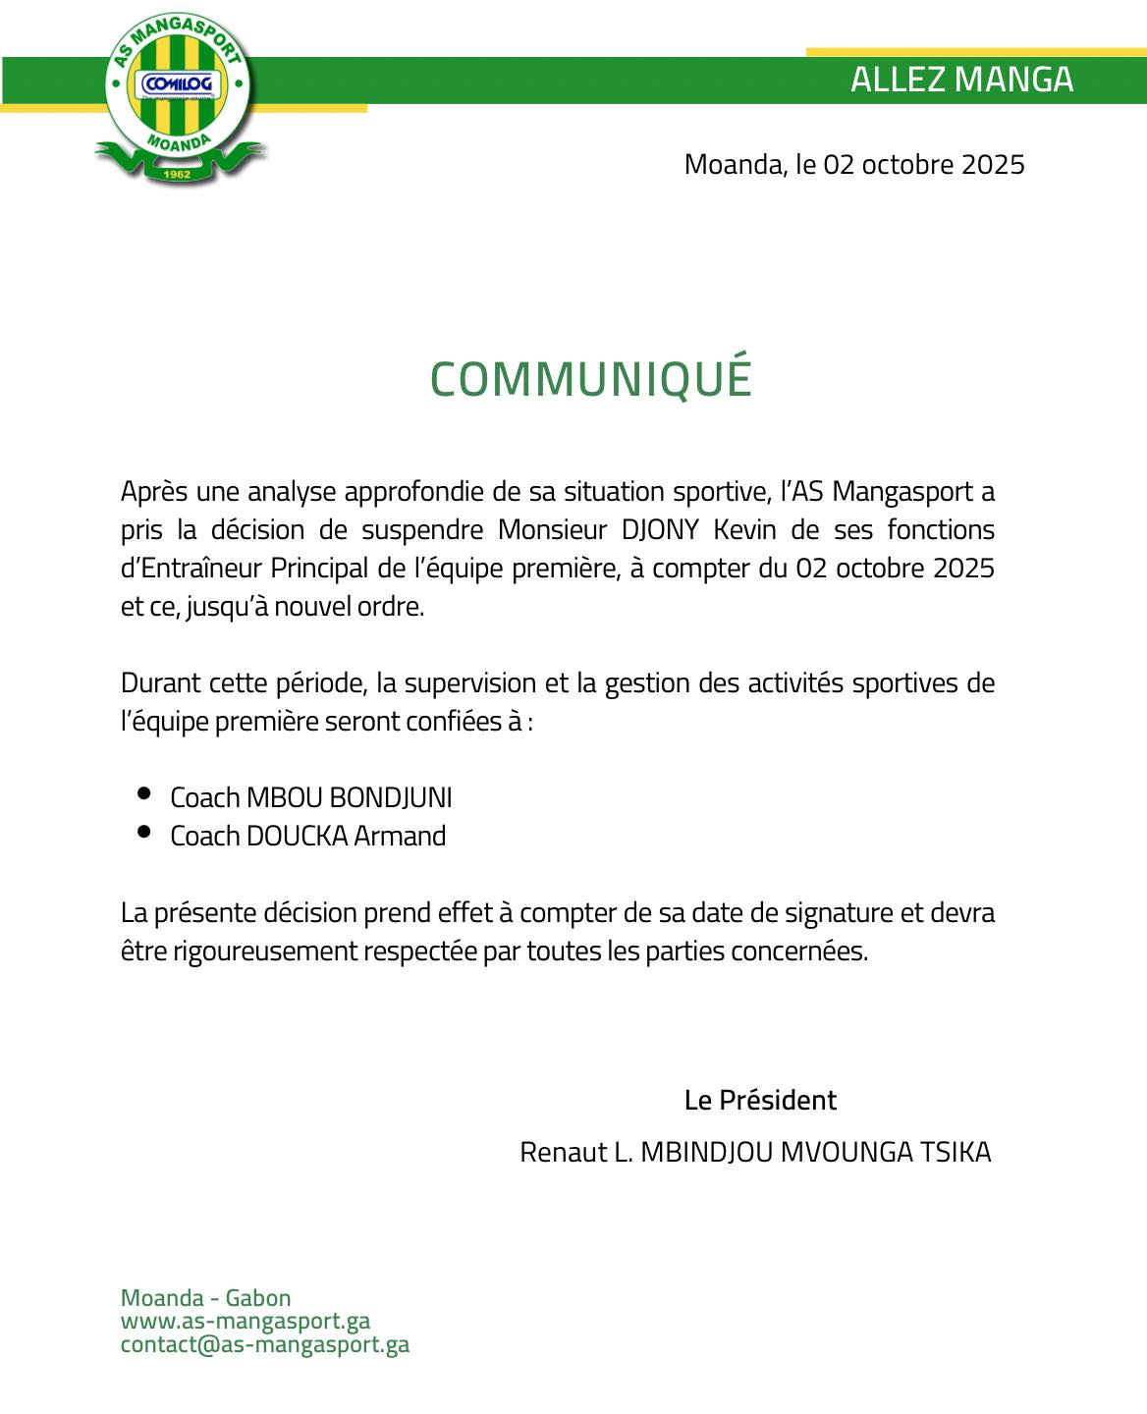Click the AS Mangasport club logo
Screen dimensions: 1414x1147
pyautogui.click(x=179, y=98)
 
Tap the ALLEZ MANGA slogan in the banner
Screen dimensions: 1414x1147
pyautogui.click(x=961, y=80)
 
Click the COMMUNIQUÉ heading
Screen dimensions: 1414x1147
pyautogui.click(x=590, y=379)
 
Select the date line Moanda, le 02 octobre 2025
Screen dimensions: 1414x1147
pyautogui.click(x=854, y=164)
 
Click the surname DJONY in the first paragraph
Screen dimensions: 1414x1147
pyautogui.click(x=660, y=530)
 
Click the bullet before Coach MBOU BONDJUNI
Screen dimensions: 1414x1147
pyautogui.click(x=144, y=793)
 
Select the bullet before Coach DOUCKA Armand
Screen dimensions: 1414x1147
pyautogui.click(x=144, y=832)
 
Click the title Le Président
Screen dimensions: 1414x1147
pyautogui.click(x=760, y=1100)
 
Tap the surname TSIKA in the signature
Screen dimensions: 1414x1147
pyautogui.click(x=955, y=1152)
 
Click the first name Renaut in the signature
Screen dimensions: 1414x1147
pyautogui.click(x=563, y=1152)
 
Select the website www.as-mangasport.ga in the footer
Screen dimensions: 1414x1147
pyautogui.click(x=246, y=1322)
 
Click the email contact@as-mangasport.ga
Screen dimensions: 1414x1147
pyautogui.click(x=265, y=1344)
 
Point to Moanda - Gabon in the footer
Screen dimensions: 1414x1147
pyautogui.click(x=206, y=1298)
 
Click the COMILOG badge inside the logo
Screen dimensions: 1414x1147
pyautogui.click(x=178, y=84)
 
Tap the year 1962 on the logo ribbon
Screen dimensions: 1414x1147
pyautogui.click(x=177, y=174)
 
